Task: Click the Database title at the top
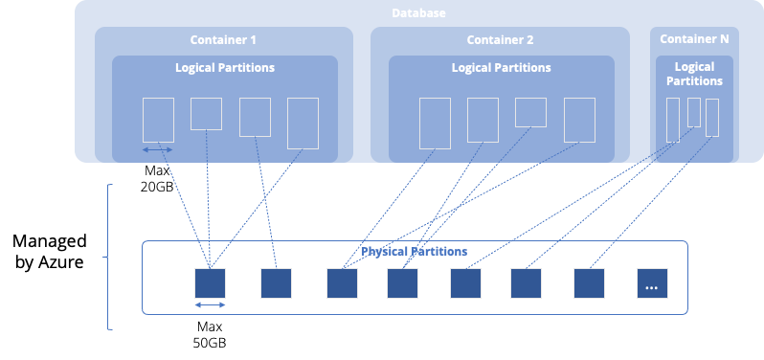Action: coord(418,13)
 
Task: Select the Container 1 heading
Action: coord(224,40)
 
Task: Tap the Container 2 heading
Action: coord(500,40)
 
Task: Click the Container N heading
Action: coord(694,39)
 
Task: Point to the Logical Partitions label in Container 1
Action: coord(225,68)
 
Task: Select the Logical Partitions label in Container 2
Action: coord(501,68)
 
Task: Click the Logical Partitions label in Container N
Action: coord(694,74)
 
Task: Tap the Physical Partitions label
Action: coord(414,252)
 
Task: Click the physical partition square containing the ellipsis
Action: coord(652,283)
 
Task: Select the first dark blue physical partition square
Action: coord(210,283)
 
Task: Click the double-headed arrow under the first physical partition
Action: coord(210,305)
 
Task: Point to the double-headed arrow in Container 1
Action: coord(158,150)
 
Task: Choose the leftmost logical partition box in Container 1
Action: coord(158,120)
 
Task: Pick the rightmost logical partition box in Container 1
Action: coord(303,123)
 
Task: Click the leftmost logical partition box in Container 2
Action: coord(435,123)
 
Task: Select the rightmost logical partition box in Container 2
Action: coord(579,120)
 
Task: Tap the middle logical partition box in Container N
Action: coord(694,112)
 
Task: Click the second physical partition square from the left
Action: coord(276,283)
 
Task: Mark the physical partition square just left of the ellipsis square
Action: coord(589,283)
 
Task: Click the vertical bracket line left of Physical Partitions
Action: coord(110,257)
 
